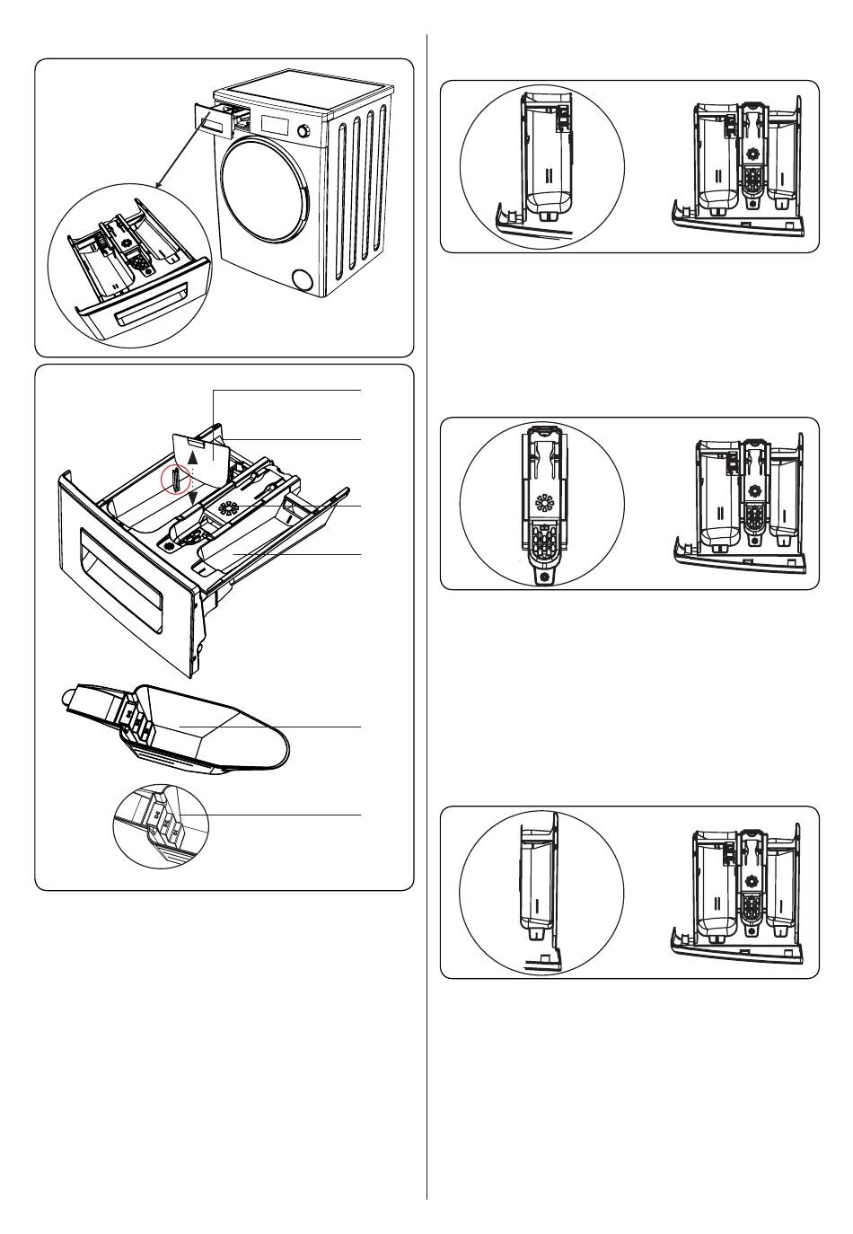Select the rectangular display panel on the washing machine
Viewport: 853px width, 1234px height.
point(275,122)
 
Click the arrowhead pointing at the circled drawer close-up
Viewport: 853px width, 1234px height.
point(157,186)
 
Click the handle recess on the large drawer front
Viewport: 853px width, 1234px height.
point(119,571)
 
